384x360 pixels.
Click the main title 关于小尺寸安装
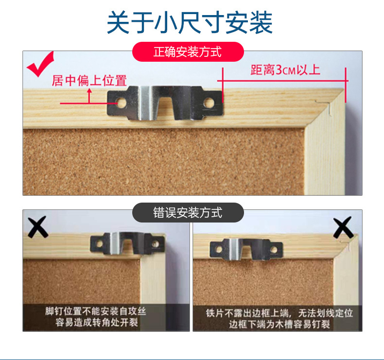[190, 22]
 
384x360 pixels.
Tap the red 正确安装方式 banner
[188, 51]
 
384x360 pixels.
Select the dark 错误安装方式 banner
[188, 213]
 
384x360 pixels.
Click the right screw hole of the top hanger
[209, 103]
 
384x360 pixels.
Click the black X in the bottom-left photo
[37, 226]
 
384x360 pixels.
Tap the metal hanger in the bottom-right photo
[245, 248]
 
